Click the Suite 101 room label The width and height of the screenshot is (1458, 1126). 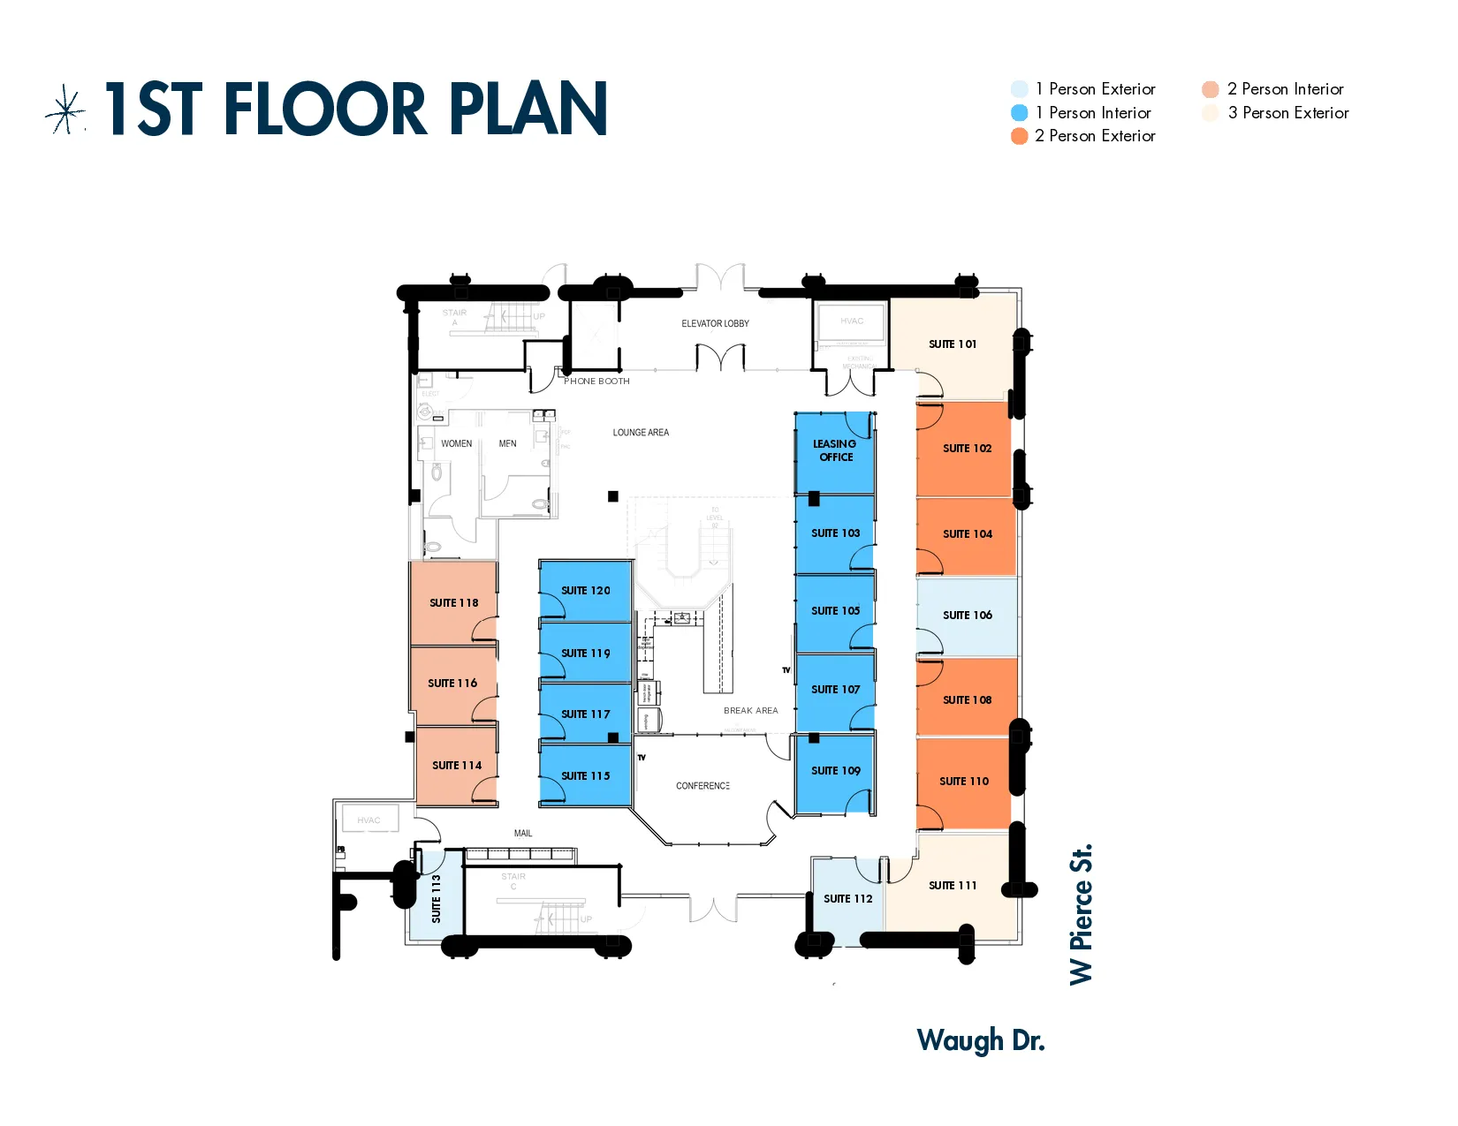click(952, 344)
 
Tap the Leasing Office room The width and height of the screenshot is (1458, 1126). click(835, 451)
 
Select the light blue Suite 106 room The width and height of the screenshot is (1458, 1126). click(967, 616)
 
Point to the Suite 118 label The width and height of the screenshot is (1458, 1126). click(453, 603)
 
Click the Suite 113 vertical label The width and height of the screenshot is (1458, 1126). click(436, 898)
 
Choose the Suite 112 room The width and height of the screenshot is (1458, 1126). click(847, 899)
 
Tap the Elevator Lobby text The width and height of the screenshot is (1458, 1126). click(715, 324)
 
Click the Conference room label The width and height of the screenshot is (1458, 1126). click(702, 786)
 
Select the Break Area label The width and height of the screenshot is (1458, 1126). click(750, 711)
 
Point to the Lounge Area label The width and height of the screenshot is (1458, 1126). click(641, 433)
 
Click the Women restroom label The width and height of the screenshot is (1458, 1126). click(456, 444)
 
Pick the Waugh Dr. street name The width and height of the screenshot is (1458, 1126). click(980, 1041)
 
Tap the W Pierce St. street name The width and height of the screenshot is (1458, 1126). click(1082, 914)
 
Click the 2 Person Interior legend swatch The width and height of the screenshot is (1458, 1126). click(1210, 89)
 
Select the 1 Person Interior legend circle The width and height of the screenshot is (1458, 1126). click(1019, 113)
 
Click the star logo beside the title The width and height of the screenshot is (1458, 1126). click(65, 110)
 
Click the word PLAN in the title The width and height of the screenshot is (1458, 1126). click(528, 110)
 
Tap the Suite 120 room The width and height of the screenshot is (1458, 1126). click(585, 591)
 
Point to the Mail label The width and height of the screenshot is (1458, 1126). click(523, 834)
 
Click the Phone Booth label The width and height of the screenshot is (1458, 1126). click(596, 382)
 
